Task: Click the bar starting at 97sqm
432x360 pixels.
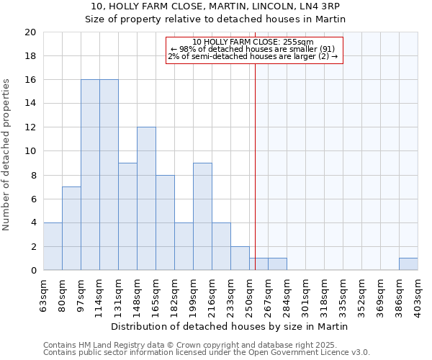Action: click(x=90, y=175)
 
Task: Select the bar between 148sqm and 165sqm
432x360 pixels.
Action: click(x=146, y=199)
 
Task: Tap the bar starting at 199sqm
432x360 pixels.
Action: click(x=202, y=217)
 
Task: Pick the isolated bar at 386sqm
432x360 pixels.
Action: click(x=408, y=264)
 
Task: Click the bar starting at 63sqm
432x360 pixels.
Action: click(x=53, y=246)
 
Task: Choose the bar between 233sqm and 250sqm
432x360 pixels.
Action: click(x=240, y=258)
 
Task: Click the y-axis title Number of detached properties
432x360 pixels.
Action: click(x=7, y=155)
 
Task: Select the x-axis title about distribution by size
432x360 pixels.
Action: click(x=230, y=326)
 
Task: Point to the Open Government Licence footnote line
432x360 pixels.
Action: click(x=206, y=353)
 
